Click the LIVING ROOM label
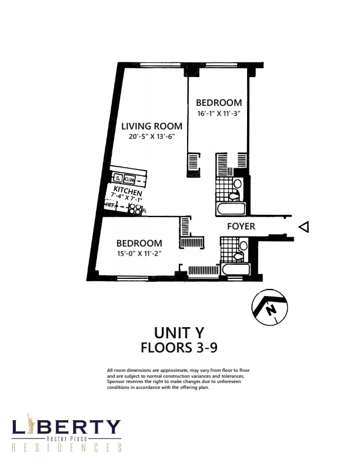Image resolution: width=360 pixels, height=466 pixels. tap(151, 126)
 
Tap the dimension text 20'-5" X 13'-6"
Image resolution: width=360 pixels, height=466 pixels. tap(151, 137)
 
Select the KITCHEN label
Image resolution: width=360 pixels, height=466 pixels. tap(127, 191)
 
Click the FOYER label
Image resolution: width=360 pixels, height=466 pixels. tap(241, 226)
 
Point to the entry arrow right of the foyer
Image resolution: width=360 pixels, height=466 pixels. tap(304, 227)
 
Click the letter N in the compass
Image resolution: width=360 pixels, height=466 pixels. tap(270, 309)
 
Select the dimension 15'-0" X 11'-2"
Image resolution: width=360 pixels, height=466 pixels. tap(139, 253)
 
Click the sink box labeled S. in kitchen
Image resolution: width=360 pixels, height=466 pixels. tap(118, 178)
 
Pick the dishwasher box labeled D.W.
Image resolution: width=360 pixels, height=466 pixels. tap(130, 178)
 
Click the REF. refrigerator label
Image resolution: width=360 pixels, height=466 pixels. tap(111, 205)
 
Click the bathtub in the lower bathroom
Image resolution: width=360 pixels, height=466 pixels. tap(235, 270)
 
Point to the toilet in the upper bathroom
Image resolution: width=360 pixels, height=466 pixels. tap(237, 184)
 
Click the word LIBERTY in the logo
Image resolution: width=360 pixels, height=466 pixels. tap(66, 427)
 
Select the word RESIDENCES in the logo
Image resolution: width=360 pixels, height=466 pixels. tap(66, 448)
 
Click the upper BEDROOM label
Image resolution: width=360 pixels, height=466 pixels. tap(219, 102)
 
